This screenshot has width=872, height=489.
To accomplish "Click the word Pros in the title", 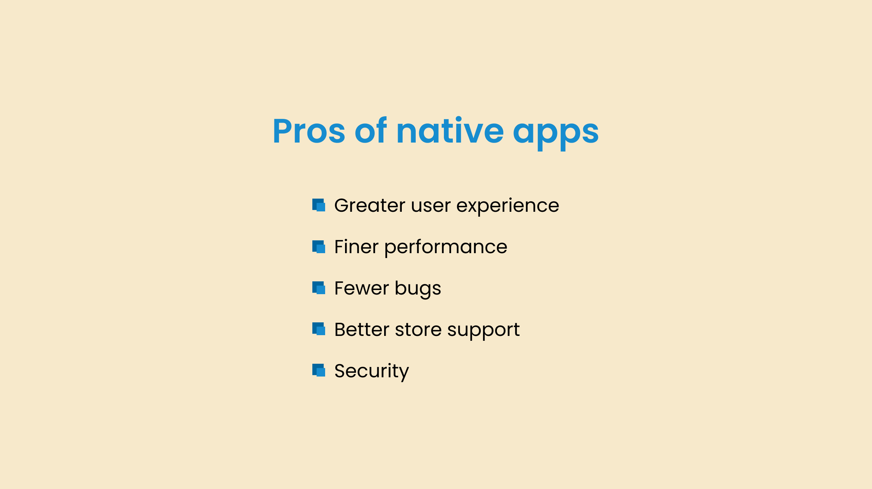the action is pos(309,131).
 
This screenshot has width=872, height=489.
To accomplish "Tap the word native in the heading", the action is pos(450,131).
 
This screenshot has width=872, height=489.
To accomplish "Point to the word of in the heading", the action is pos(371,130).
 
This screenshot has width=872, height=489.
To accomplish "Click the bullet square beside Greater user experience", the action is pos(319,205).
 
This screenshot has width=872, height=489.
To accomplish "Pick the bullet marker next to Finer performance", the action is pos(319,247).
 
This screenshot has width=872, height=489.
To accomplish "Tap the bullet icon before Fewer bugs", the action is pos(319,288).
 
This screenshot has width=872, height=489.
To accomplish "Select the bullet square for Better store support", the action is pos(319,329).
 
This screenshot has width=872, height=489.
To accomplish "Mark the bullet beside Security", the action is pos(319,370).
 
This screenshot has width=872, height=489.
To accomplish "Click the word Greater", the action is pos(370,205).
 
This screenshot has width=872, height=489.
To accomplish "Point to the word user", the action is pos(431,207).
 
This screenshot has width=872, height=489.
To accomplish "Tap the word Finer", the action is pos(356,247).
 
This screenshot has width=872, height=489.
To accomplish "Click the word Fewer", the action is pos(362,288).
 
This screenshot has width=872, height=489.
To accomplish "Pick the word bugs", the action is pos(418,289).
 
